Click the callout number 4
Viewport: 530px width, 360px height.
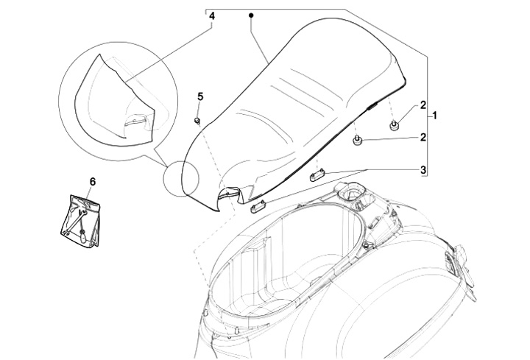[212, 15]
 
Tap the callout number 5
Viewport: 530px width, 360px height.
[199, 96]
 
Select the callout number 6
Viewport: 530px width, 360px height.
[93, 180]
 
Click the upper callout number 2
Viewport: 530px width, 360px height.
[424, 105]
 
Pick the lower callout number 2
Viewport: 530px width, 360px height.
[424, 137]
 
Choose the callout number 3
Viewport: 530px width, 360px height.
[424, 169]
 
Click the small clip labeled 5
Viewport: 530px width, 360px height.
[197, 119]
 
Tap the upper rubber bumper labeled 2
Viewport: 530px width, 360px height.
[395, 125]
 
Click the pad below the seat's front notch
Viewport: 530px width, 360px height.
[258, 207]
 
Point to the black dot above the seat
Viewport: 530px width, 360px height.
[251, 15]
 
